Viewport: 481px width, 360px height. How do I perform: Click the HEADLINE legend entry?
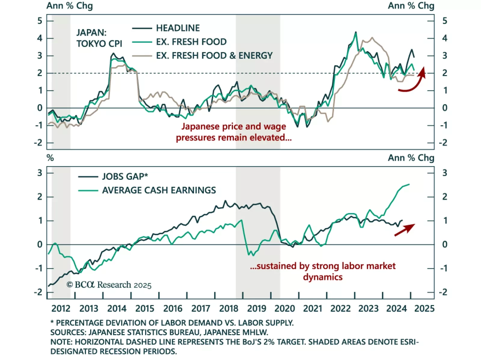178,28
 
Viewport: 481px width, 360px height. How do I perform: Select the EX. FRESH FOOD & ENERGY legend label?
214,56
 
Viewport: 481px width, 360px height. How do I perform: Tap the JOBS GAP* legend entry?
125,176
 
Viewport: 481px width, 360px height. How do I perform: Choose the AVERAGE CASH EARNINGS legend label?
159,190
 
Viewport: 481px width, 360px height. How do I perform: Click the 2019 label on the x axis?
256,309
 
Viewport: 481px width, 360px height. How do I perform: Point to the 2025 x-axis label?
424,309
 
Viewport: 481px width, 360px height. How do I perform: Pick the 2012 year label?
61,309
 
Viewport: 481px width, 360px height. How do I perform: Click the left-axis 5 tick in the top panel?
40,21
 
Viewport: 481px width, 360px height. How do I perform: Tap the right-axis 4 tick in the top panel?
445,38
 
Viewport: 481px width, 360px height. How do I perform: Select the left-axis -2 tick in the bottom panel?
38,292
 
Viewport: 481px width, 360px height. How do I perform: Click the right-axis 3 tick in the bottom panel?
445,173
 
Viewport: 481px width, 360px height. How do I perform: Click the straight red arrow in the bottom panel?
405,230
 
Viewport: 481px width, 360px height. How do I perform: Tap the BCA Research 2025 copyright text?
109,285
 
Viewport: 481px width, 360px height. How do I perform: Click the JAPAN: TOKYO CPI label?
99,38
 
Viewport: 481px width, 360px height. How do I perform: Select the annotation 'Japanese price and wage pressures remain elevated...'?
234,132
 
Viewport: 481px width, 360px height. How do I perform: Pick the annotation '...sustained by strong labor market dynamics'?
323,271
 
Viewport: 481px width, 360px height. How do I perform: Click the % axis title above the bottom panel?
50,158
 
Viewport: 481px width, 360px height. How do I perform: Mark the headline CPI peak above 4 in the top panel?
356,32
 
